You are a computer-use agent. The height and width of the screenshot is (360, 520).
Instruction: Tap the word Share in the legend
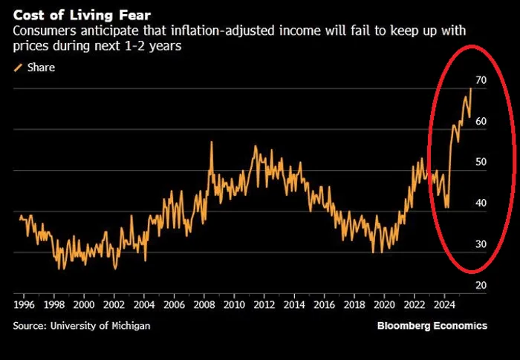coord(41,68)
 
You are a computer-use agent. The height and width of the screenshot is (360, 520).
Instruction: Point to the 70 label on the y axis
coord(481,80)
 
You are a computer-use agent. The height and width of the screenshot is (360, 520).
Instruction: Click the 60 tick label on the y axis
coord(481,121)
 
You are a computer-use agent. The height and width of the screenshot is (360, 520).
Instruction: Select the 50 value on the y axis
coord(481,162)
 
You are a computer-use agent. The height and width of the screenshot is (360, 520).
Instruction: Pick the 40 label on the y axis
coord(481,203)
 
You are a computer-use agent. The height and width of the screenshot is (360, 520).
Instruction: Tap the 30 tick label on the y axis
coord(481,244)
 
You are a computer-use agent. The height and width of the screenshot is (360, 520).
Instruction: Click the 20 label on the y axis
coord(481,286)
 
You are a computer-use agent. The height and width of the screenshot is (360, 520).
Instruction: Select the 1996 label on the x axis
coord(25,304)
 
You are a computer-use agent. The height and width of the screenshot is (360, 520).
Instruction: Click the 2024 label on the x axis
coord(443,304)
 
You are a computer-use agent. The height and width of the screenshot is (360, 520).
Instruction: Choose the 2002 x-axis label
coord(114,304)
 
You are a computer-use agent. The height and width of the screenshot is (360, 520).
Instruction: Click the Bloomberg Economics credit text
coord(432,325)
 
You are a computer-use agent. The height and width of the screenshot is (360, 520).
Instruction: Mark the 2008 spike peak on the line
coord(212,142)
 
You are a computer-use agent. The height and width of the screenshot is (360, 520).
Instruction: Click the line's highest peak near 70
coord(470,89)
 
